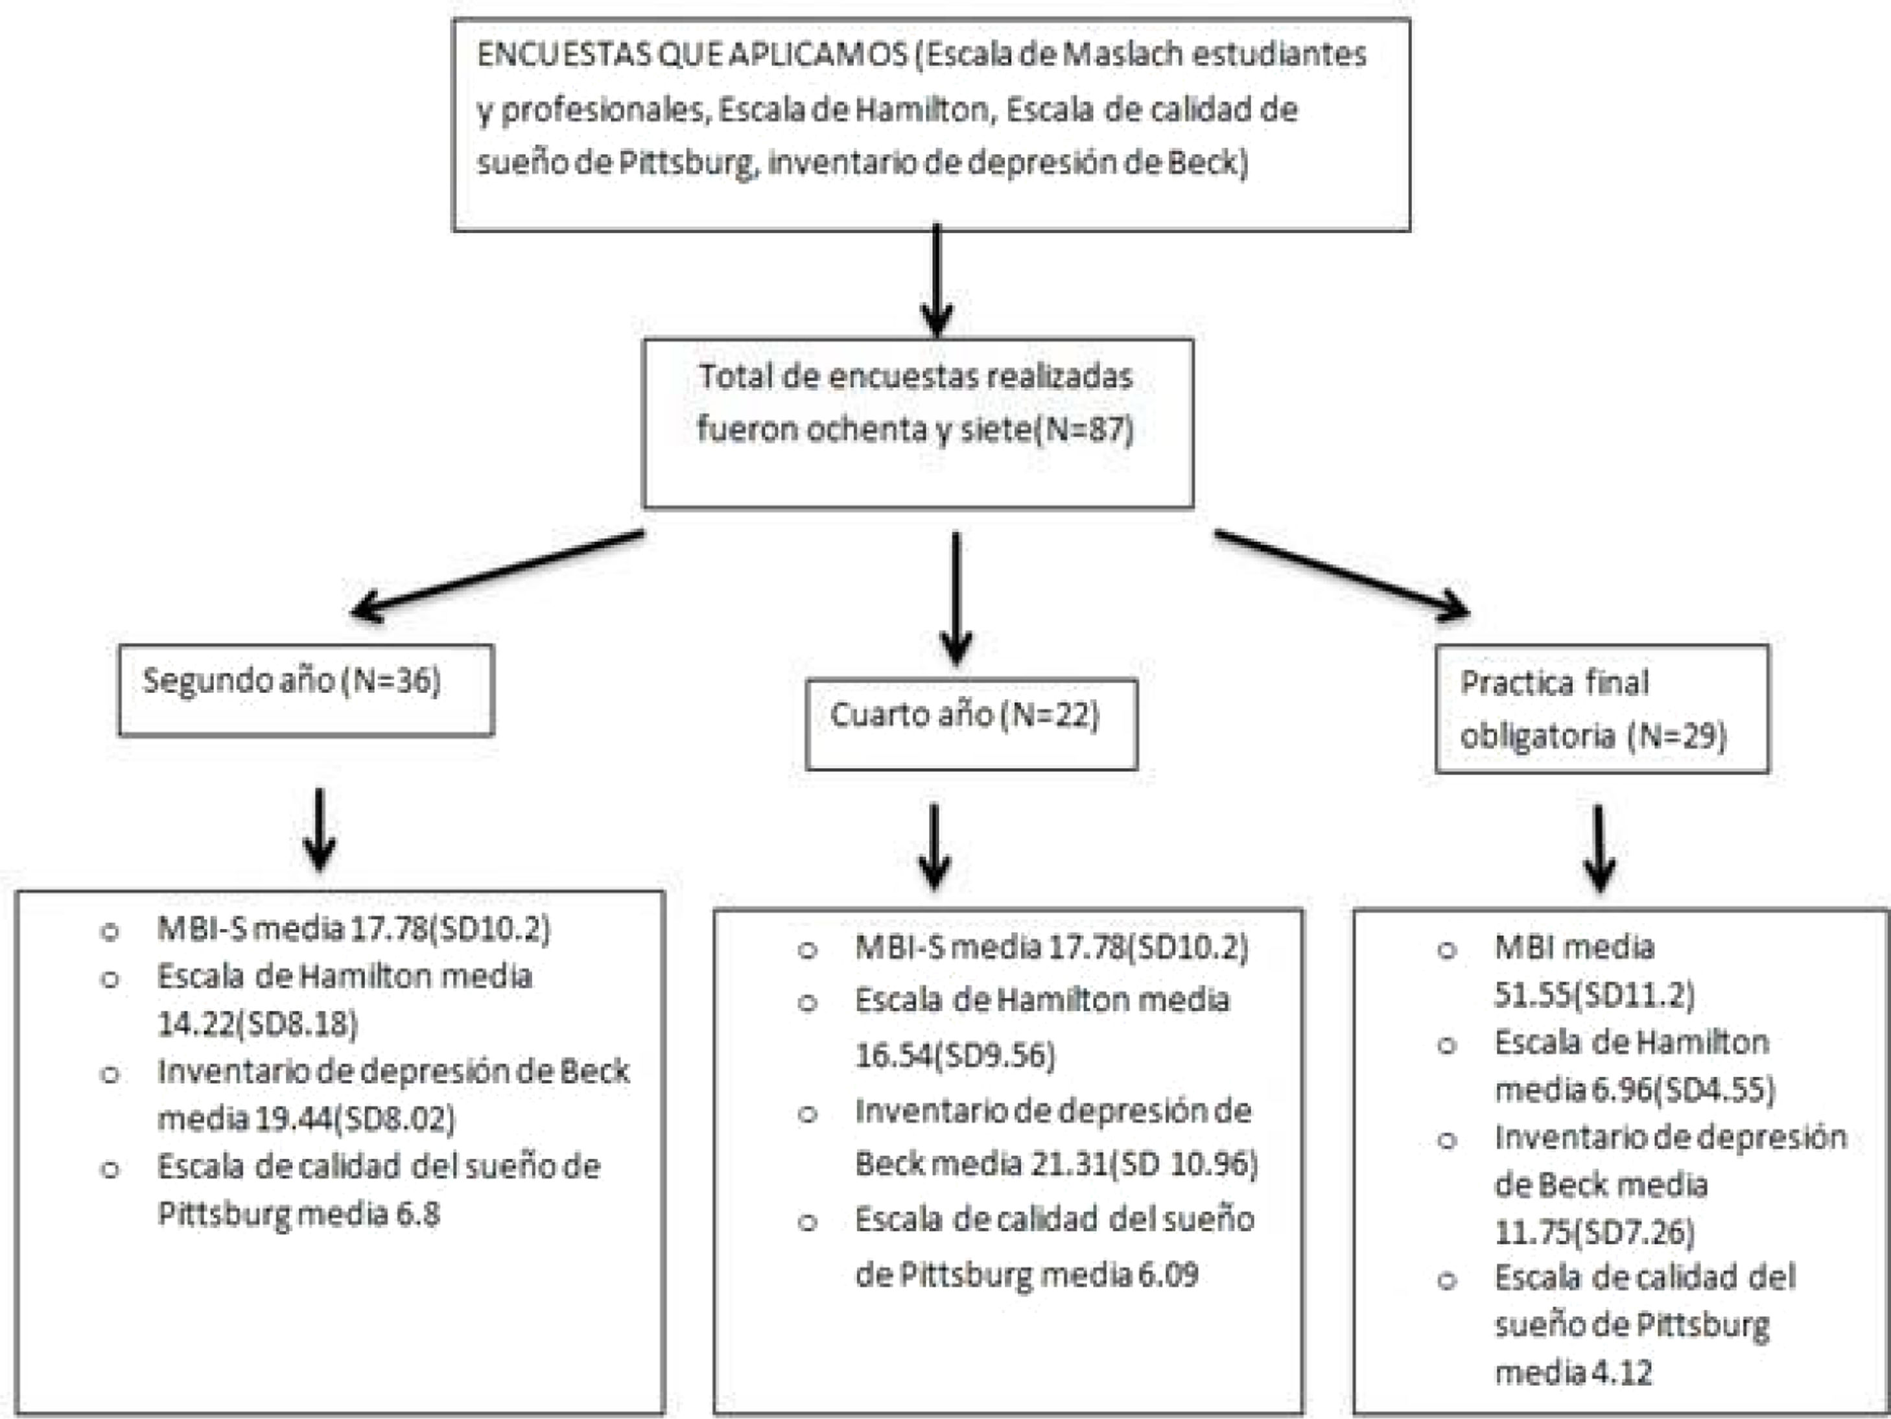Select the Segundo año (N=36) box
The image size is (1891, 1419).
coord(306,690)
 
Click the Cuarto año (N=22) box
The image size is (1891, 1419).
coord(971,723)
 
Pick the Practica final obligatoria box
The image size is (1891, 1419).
coord(1601,709)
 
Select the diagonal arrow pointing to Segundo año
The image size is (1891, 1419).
coord(497,574)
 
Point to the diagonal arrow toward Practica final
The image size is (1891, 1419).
coord(1342,574)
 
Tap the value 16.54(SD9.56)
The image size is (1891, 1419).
coord(955,1057)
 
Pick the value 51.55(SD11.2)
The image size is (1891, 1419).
coord(1593,995)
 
